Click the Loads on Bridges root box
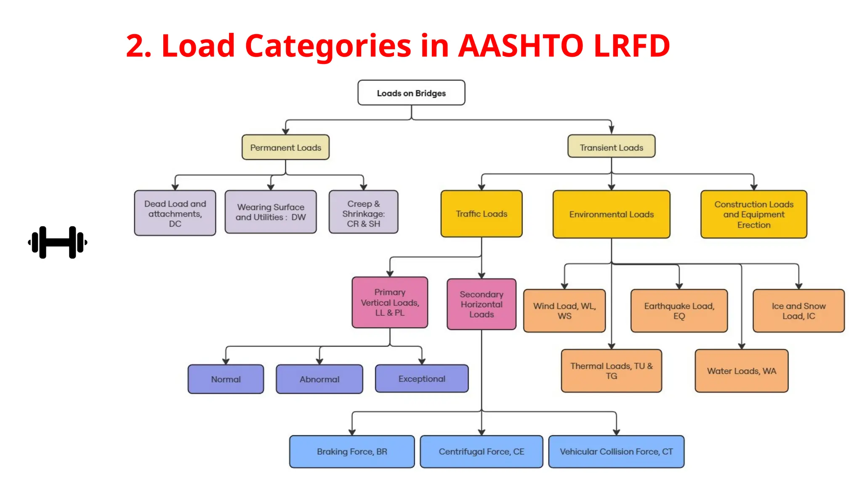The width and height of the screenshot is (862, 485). tap(411, 93)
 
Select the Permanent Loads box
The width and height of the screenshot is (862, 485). tap(285, 147)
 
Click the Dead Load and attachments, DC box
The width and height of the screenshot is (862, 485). tap(175, 213)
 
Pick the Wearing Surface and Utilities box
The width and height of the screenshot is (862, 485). tap(271, 212)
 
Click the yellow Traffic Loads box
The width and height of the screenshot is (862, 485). tap(482, 214)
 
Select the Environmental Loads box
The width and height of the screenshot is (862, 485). tap(611, 214)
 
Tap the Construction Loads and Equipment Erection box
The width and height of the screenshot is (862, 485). tap(753, 214)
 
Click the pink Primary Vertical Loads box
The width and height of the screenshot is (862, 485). tap(390, 302)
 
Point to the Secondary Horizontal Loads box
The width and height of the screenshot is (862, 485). tap(482, 304)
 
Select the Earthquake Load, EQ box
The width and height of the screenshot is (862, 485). tap(679, 311)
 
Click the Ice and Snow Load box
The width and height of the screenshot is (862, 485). tap(798, 311)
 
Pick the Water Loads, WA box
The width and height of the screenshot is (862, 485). tap(741, 371)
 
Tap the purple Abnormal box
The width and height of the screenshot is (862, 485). tap(319, 379)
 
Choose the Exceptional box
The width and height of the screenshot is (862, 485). tap(422, 378)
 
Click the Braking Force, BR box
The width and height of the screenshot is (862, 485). tap(352, 451)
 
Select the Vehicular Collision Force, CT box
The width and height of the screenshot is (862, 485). tap(616, 451)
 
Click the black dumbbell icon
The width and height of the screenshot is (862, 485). tap(58, 242)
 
